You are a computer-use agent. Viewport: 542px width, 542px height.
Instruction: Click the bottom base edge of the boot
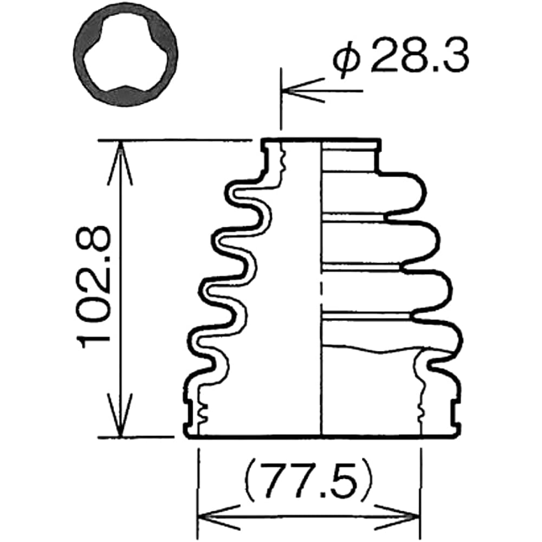[x=320, y=435]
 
